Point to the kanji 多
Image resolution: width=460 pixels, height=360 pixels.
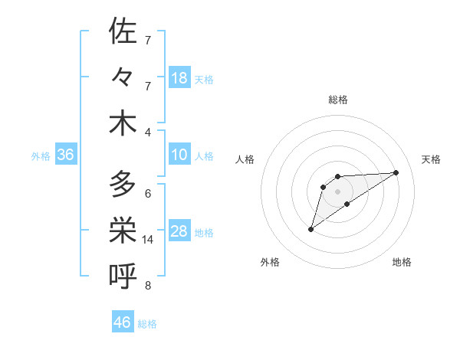[123, 184]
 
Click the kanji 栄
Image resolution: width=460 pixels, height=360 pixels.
[123, 230]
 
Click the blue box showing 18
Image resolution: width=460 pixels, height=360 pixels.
[179, 78]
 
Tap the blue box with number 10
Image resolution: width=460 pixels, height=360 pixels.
[179, 155]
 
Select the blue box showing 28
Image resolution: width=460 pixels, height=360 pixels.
[179, 232]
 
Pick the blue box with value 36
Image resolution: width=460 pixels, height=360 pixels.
[65, 155]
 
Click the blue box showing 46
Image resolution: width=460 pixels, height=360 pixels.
[123, 322]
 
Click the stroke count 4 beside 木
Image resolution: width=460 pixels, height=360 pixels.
[148, 133]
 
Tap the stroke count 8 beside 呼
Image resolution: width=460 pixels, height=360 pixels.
[148, 286]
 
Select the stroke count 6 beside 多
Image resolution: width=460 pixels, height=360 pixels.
[148, 194]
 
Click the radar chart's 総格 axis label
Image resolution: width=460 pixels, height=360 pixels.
[337, 100]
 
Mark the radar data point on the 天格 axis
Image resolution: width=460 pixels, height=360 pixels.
[396, 172]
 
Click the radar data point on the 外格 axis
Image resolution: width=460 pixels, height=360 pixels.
[310, 228]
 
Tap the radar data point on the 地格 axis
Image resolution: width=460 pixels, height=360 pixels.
[347, 204]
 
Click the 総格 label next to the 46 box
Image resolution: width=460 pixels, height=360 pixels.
[147, 324]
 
